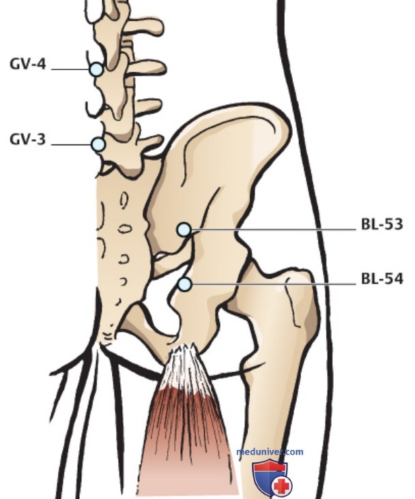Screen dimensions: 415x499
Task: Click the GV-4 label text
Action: (x=28, y=64)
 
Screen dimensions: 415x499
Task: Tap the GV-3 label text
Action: (x=28, y=140)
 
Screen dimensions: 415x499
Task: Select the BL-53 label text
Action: (x=382, y=224)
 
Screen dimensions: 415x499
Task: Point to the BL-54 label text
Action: (x=382, y=279)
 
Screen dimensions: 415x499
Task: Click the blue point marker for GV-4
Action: (x=96, y=70)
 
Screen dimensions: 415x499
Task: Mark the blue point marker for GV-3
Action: (x=98, y=145)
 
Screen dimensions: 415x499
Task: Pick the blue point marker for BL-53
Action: (x=184, y=230)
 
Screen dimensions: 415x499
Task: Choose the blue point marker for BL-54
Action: (x=184, y=284)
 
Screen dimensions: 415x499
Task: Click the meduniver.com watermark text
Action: (x=270, y=452)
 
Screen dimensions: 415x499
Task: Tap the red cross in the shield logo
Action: (x=282, y=485)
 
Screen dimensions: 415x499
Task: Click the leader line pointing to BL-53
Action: (x=273, y=229)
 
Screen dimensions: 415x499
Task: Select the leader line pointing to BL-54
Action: (x=274, y=284)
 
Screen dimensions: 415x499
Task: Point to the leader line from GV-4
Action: (x=70, y=69)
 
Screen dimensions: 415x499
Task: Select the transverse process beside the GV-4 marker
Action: (x=145, y=67)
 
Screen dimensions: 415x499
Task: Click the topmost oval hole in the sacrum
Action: (x=124, y=200)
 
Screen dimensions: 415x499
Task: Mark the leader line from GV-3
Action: (x=72, y=145)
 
